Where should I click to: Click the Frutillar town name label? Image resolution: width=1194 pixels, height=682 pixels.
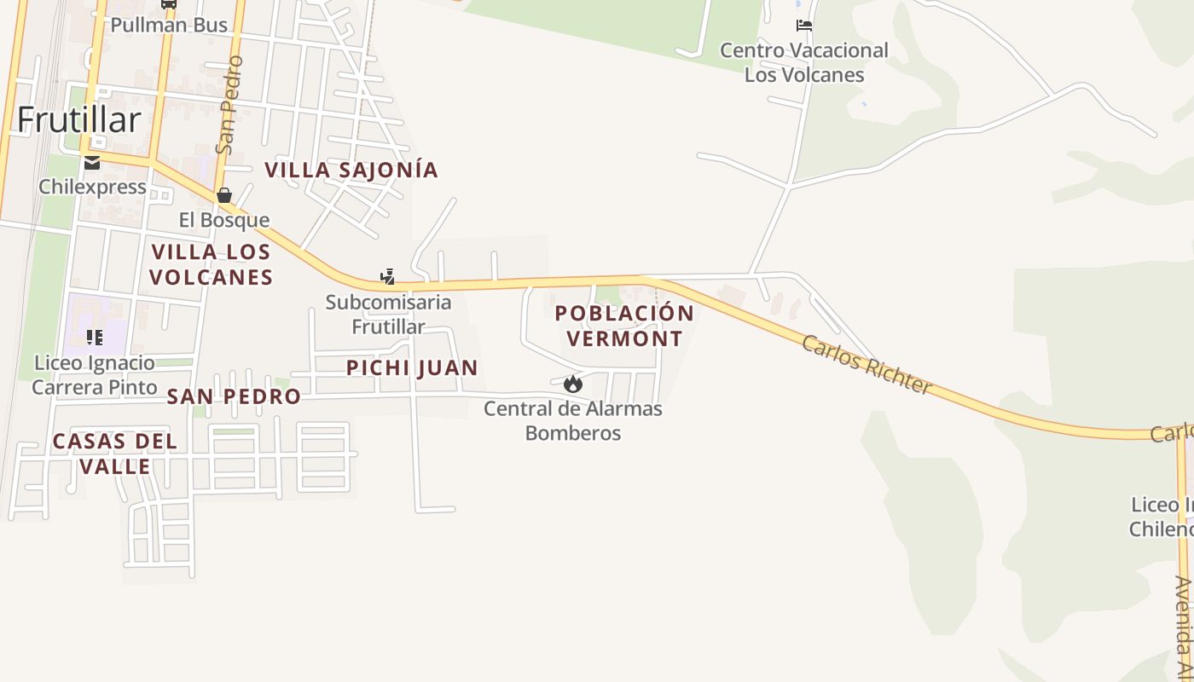pos(78,120)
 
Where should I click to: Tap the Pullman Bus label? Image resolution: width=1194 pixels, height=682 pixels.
pos(169,25)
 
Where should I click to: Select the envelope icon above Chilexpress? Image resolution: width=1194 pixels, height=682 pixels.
pos(92,163)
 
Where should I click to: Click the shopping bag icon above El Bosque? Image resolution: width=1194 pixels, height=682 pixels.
pos(224,196)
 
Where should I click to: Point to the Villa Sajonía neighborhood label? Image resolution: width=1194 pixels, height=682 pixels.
pos(351,170)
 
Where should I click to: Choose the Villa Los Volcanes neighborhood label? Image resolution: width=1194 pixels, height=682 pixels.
pos(211,264)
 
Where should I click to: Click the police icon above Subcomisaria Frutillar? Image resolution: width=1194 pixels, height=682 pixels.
pos(388,276)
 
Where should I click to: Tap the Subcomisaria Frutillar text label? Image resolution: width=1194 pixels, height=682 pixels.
pos(389,314)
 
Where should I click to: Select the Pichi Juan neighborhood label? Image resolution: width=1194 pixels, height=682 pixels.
pos(412,367)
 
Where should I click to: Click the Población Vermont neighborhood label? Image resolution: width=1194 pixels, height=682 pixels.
pos(624,326)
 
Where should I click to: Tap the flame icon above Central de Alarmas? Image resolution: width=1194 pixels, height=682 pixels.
pos(573,384)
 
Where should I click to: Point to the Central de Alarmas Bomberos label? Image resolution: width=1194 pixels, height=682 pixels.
pos(573,420)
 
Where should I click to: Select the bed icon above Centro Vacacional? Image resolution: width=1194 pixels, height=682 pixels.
pos(803,26)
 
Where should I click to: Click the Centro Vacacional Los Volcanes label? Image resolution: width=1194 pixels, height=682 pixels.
pos(804,62)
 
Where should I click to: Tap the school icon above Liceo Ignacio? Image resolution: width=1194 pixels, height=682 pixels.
pos(95,338)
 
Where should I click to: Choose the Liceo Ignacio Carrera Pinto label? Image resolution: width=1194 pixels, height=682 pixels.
pos(95,375)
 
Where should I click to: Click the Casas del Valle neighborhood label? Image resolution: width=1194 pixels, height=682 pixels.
pos(115,454)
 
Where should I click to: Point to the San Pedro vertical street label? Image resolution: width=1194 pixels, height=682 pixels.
pos(229,105)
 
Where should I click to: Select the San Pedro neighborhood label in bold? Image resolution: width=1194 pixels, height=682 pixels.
pos(234,396)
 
